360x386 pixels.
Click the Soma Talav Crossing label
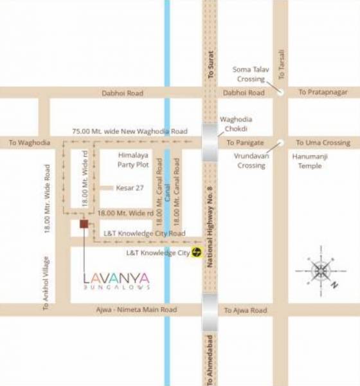coord(248,74)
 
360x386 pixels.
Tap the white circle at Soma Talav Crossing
coord(280,93)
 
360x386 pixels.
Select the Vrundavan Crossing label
coord(250,160)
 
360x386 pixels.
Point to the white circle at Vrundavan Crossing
coord(280,143)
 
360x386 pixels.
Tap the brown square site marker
coord(84,224)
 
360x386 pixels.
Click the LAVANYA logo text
coord(117,278)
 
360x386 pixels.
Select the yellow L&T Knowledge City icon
coord(199,253)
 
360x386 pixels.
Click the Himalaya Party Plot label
coord(133,160)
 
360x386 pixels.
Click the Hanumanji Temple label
coord(314,160)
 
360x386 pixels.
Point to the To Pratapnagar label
coord(323,93)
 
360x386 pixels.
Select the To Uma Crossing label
coord(323,143)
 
